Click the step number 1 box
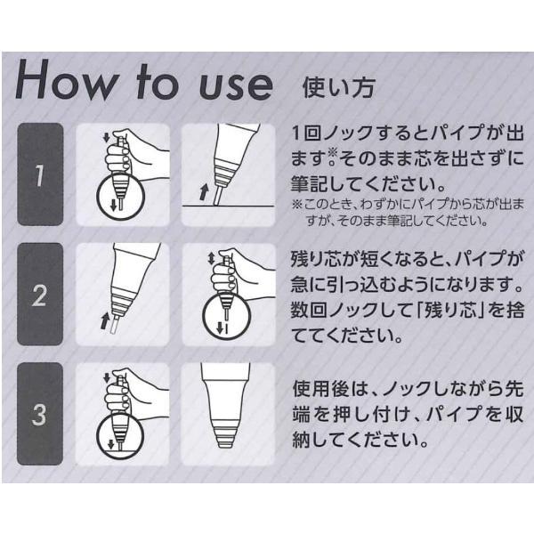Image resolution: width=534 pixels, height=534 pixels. coord(40,174)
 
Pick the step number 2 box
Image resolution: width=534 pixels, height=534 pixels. coord(40,295)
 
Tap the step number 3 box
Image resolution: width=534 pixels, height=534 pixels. coord(40,414)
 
